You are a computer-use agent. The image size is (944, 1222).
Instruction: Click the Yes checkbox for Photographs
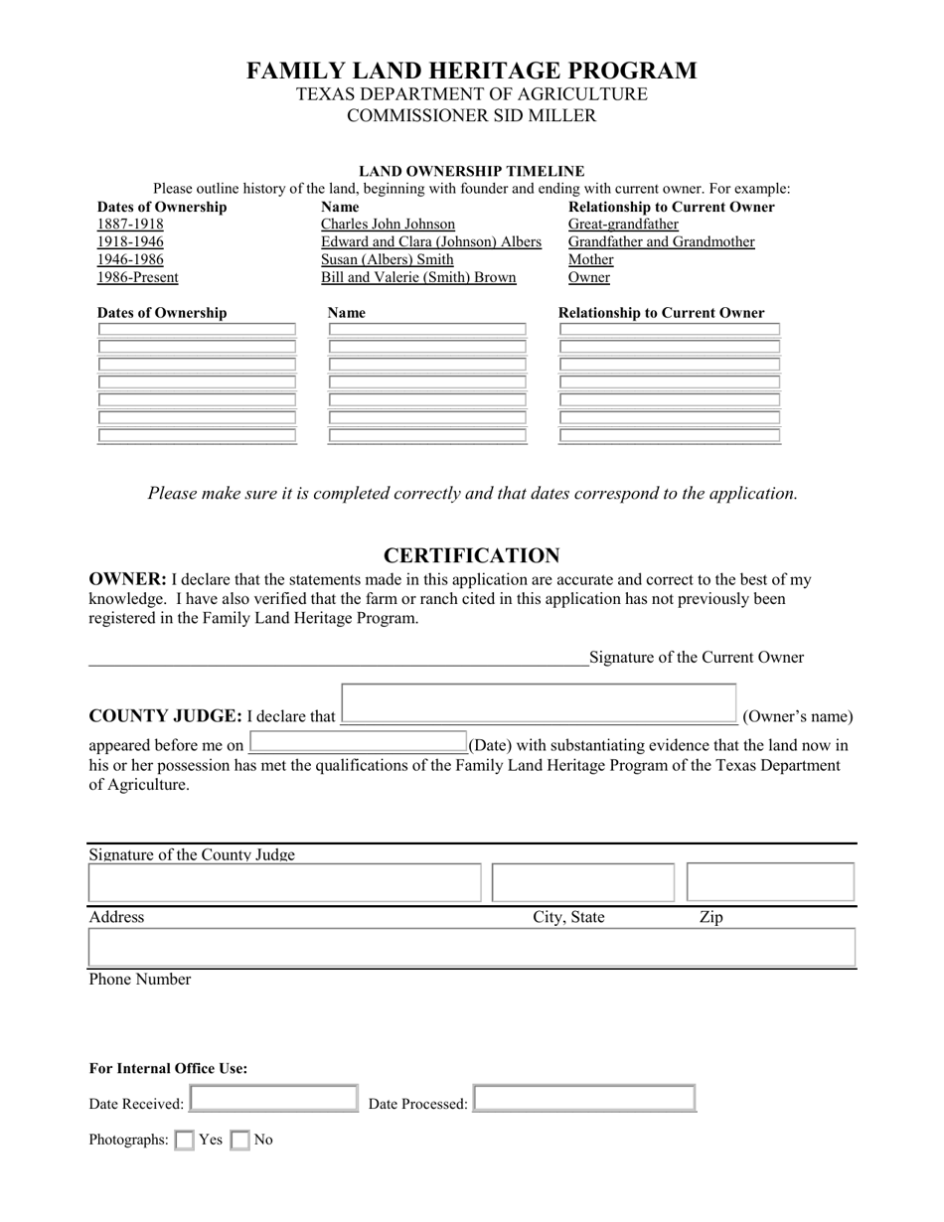click(x=184, y=1141)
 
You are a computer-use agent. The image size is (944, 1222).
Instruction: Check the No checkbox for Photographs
click(x=239, y=1141)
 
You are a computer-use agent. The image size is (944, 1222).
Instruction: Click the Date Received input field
click(x=273, y=1098)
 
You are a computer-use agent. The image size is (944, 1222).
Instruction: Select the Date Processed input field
click(x=584, y=1098)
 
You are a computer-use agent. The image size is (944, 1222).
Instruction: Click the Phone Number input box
click(x=472, y=948)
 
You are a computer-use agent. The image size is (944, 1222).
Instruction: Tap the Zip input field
click(x=770, y=882)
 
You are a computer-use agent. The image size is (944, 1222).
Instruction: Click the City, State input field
click(x=583, y=882)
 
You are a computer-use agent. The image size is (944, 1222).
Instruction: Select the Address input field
click(x=285, y=882)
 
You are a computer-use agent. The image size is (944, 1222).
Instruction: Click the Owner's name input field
click(x=539, y=704)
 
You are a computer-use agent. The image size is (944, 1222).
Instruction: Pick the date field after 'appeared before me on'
click(x=358, y=742)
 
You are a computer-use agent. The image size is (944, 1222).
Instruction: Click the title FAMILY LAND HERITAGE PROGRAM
click(x=472, y=71)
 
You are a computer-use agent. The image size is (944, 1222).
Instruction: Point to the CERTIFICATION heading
click(x=472, y=555)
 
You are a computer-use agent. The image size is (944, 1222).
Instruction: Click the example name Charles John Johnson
click(x=388, y=225)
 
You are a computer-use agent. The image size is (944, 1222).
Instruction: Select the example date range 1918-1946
click(x=130, y=242)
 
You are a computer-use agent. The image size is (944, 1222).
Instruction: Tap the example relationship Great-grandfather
click(x=623, y=225)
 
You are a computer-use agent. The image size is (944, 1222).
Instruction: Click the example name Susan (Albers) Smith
click(x=387, y=260)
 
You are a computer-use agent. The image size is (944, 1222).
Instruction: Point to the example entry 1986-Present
click(x=137, y=278)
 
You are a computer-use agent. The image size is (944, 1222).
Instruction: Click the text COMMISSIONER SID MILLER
click(x=472, y=116)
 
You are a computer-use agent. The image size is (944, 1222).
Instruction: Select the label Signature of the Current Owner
click(x=697, y=657)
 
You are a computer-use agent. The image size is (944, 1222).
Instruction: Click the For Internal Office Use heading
click(x=168, y=1069)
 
